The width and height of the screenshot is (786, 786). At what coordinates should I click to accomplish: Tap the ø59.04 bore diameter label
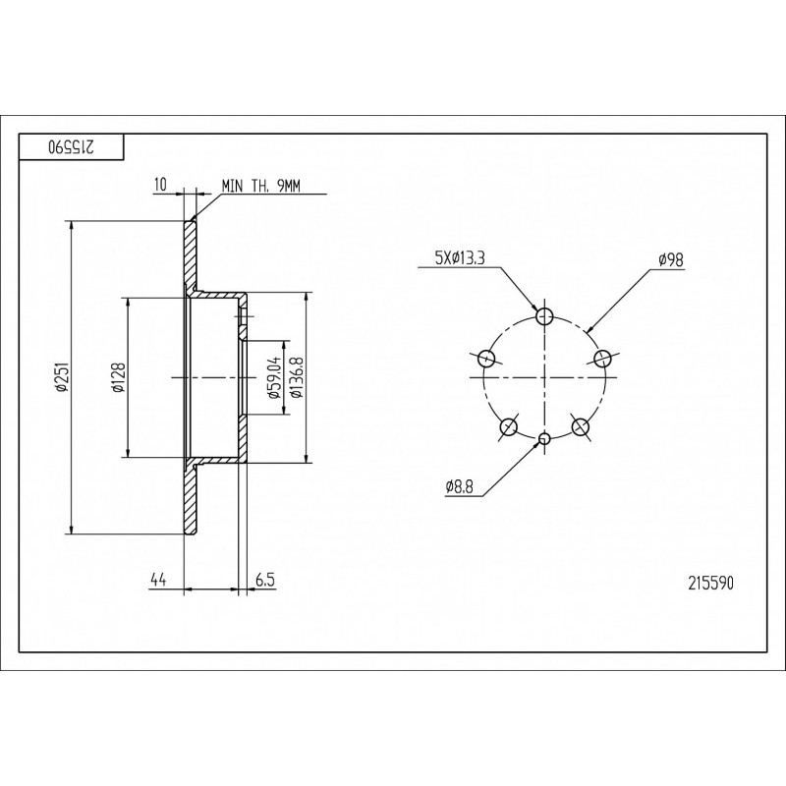pos(274,379)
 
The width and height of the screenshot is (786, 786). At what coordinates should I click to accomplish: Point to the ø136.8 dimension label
pos(298,377)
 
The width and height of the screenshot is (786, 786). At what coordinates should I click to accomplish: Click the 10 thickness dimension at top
pos(160,185)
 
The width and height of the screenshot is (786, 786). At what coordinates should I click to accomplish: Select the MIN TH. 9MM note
pos(260,186)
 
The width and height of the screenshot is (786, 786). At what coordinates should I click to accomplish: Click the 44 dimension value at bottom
pos(158,581)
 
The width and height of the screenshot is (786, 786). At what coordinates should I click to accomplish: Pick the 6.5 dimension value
pos(265,581)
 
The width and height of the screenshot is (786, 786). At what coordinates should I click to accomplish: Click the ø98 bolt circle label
pos(672,259)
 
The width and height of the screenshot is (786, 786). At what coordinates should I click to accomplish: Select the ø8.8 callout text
pos(459,486)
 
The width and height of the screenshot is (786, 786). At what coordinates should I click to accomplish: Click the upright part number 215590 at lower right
pos(710,583)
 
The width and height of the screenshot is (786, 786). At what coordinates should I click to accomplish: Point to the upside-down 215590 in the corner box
pos(72,146)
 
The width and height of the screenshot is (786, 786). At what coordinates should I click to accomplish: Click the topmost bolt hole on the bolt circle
pos(544,316)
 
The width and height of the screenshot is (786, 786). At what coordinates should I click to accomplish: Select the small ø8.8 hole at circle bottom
pos(544,439)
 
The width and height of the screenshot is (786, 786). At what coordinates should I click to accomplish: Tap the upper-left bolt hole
pos(486,358)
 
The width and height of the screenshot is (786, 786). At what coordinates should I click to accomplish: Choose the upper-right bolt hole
pos(602,358)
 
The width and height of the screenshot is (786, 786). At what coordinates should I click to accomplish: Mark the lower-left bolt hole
pos(509,427)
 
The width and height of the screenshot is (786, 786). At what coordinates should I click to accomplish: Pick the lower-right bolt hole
pos(580,427)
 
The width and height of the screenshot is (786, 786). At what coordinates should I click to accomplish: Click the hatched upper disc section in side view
pos(190,254)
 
